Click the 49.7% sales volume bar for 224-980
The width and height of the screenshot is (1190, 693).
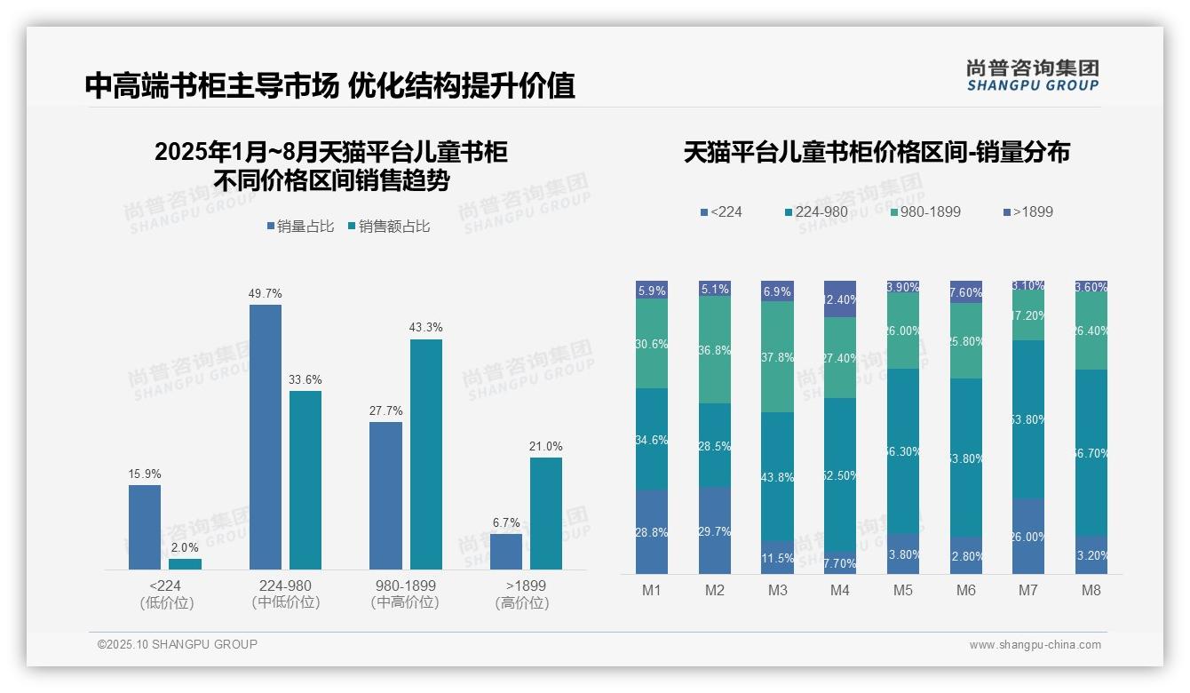click(265, 436)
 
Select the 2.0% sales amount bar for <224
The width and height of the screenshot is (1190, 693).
click(185, 563)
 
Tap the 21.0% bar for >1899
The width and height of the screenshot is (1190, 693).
click(545, 513)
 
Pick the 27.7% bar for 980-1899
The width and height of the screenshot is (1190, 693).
click(385, 495)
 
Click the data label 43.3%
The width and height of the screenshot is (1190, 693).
click(425, 328)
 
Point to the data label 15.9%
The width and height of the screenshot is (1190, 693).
click(144, 474)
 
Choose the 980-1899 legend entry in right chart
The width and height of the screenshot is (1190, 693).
click(924, 211)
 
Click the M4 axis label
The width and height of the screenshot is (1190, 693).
click(839, 591)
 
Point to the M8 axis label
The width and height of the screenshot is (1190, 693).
click(1091, 591)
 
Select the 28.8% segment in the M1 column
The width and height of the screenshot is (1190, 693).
click(652, 531)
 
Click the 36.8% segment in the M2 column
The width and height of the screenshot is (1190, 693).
click(714, 350)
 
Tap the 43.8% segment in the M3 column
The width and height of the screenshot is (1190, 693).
click(777, 477)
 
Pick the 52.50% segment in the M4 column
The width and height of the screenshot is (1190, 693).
click(840, 475)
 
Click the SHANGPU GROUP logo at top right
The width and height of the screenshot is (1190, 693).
click(1032, 76)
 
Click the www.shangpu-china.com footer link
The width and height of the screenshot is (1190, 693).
click(1035, 645)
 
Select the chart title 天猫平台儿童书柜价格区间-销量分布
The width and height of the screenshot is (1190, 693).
click(877, 152)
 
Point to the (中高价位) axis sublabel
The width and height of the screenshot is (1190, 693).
click(404, 602)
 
